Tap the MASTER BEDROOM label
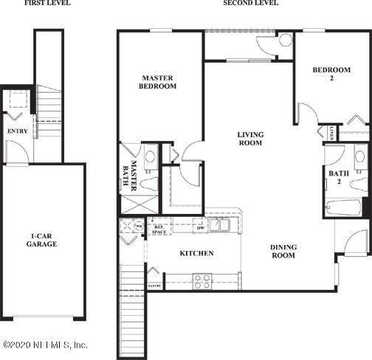pyautogui.click(x=159, y=80)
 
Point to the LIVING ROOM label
pyautogui.click(x=250, y=139)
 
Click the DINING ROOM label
pyautogui.click(x=283, y=251)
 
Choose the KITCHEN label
pyautogui.click(x=196, y=253)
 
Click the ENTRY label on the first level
pyautogui.click(x=17, y=131)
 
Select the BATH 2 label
pyautogui.click(x=339, y=177)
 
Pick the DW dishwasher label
pyautogui.click(x=200, y=228)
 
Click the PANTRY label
pyautogui.click(x=154, y=284)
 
